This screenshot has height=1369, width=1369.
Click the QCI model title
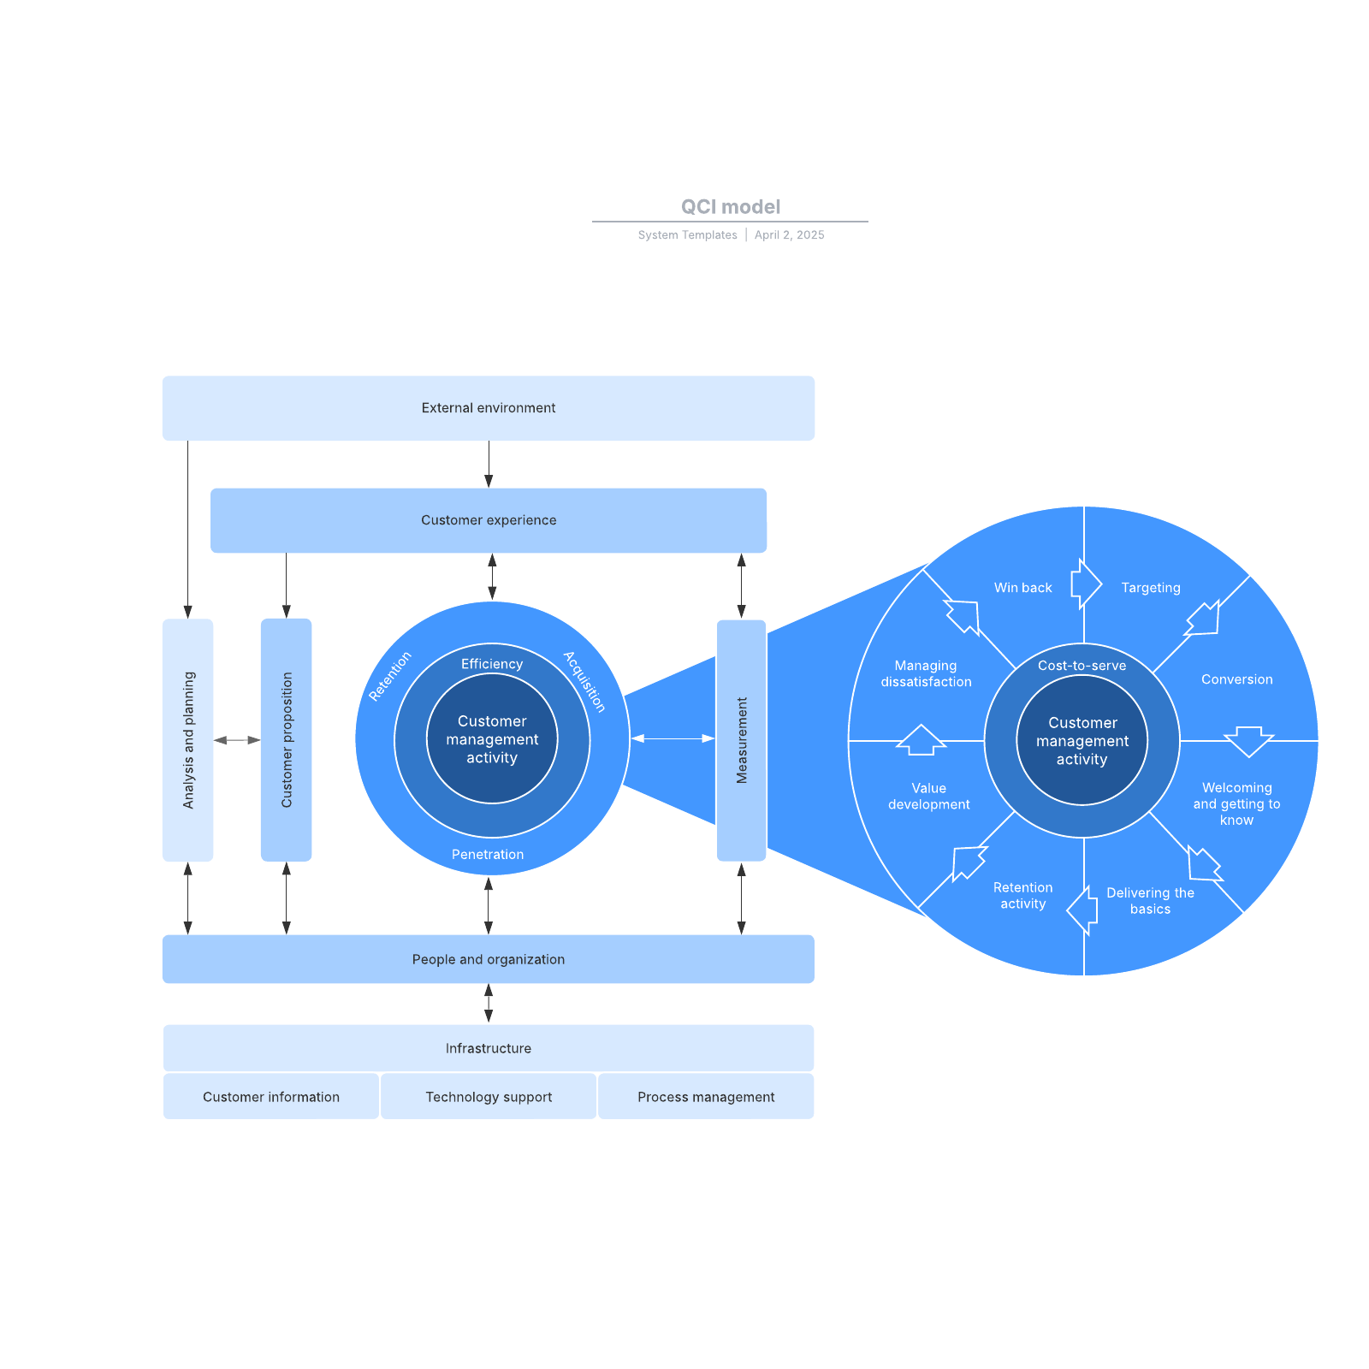click(730, 207)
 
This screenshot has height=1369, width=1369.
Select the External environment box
click(488, 408)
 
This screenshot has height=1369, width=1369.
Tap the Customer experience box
click(488, 520)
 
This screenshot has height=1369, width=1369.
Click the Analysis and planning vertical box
click(188, 739)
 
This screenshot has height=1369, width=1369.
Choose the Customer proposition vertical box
click(286, 739)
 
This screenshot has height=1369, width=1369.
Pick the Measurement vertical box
click(741, 739)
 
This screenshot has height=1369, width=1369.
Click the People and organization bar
click(488, 959)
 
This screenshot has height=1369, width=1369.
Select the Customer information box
click(270, 1097)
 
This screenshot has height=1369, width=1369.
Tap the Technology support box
click(489, 1097)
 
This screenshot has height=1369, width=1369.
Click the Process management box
click(706, 1097)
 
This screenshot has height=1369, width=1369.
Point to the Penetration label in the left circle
click(488, 854)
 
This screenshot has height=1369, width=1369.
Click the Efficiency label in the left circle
click(491, 664)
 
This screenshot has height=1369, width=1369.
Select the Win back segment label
click(1022, 588)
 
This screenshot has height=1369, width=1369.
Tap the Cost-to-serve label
click(1082, 666)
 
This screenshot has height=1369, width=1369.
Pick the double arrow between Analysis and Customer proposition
click(237, 739)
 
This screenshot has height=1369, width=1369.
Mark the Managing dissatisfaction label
click(926, 673)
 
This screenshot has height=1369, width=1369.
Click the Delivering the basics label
click(1150, 901)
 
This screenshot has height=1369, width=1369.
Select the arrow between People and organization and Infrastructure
click(489, 1003)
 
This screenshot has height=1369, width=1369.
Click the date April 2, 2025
click(789, 235)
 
